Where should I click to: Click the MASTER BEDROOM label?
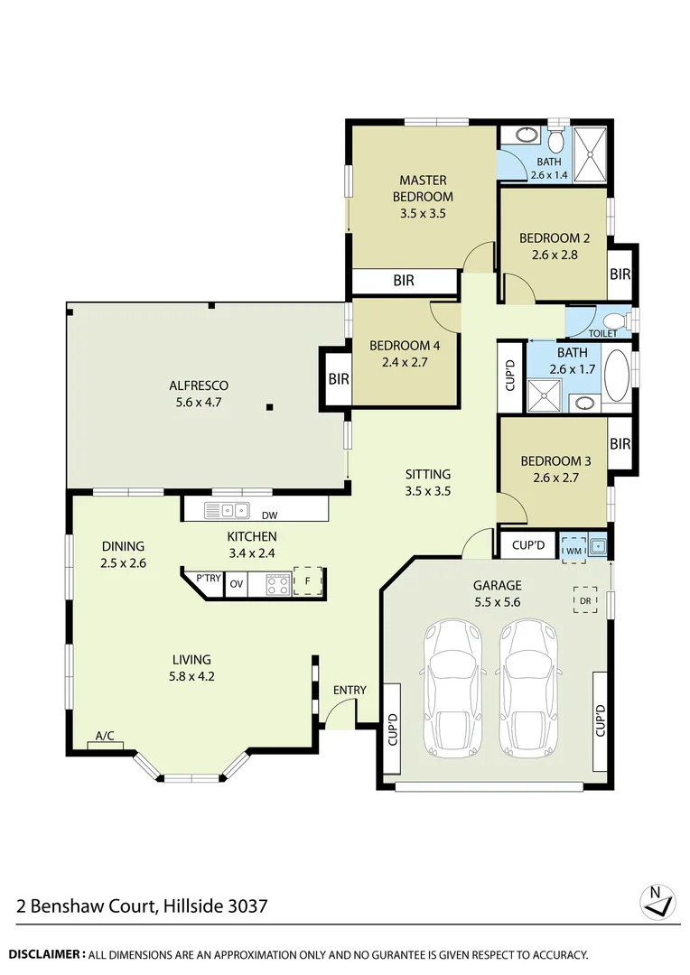[423, 189]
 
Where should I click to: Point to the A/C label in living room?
[105, 736]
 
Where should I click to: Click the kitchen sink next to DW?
[228, 510]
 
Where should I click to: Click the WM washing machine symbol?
[573, 547]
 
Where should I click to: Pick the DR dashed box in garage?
[584, 599]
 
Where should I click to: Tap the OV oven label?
[237, 583]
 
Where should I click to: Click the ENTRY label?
[350, 691]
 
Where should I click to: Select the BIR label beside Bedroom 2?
[620, 274]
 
